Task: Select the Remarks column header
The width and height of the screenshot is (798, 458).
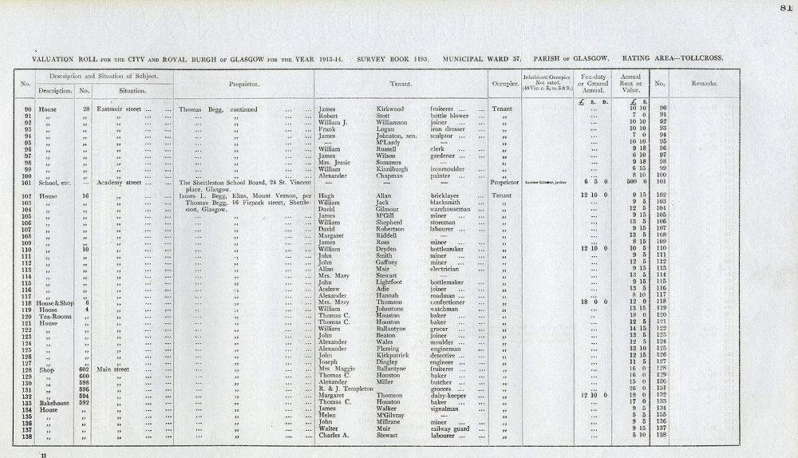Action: pyautogui.click(x=704, y=83)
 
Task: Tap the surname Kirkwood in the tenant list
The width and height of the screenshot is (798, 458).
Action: pyautogui.click(x=390, y=109)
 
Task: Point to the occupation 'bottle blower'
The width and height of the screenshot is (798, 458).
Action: pyautogui.click(x=449, y=116)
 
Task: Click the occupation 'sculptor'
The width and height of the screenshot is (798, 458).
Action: pyautogui.click(x=444, y=136)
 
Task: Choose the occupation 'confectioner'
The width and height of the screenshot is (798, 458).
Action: pyautogui.click(x=452, y=302)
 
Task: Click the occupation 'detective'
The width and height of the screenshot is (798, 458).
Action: pyautogui.click(x=445, y=355)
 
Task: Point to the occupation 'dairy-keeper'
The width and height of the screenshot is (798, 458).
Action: pyautogui.click(x=451, y=395)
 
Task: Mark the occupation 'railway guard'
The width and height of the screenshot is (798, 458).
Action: pyautogui.click(x=452, y=428)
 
